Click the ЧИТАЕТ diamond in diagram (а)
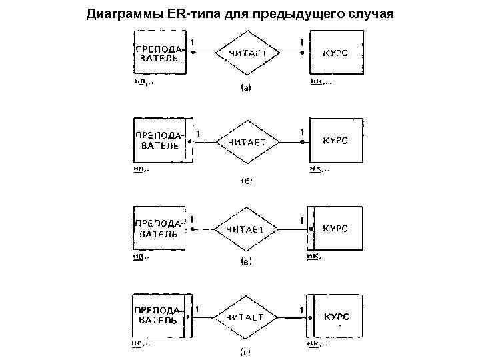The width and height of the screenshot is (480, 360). point(247,53)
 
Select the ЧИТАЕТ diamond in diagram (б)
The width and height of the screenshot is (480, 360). point(247,141)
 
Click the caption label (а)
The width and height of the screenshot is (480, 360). point(245,87)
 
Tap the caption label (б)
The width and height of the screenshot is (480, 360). point(245,181)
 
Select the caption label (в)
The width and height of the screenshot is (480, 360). point(245,263)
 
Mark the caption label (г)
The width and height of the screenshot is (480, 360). point(245,351)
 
